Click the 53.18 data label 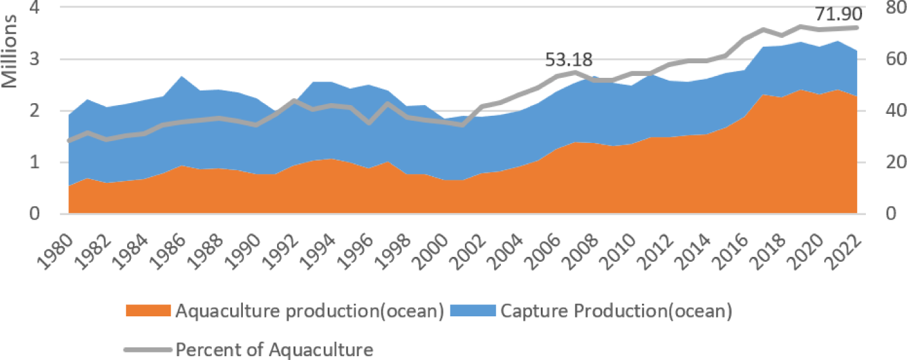pos(569,61)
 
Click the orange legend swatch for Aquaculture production pos(148,311)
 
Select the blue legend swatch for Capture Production pos(472,311)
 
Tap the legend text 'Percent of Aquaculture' pos(274,349)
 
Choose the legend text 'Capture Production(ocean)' pos(615,311)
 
